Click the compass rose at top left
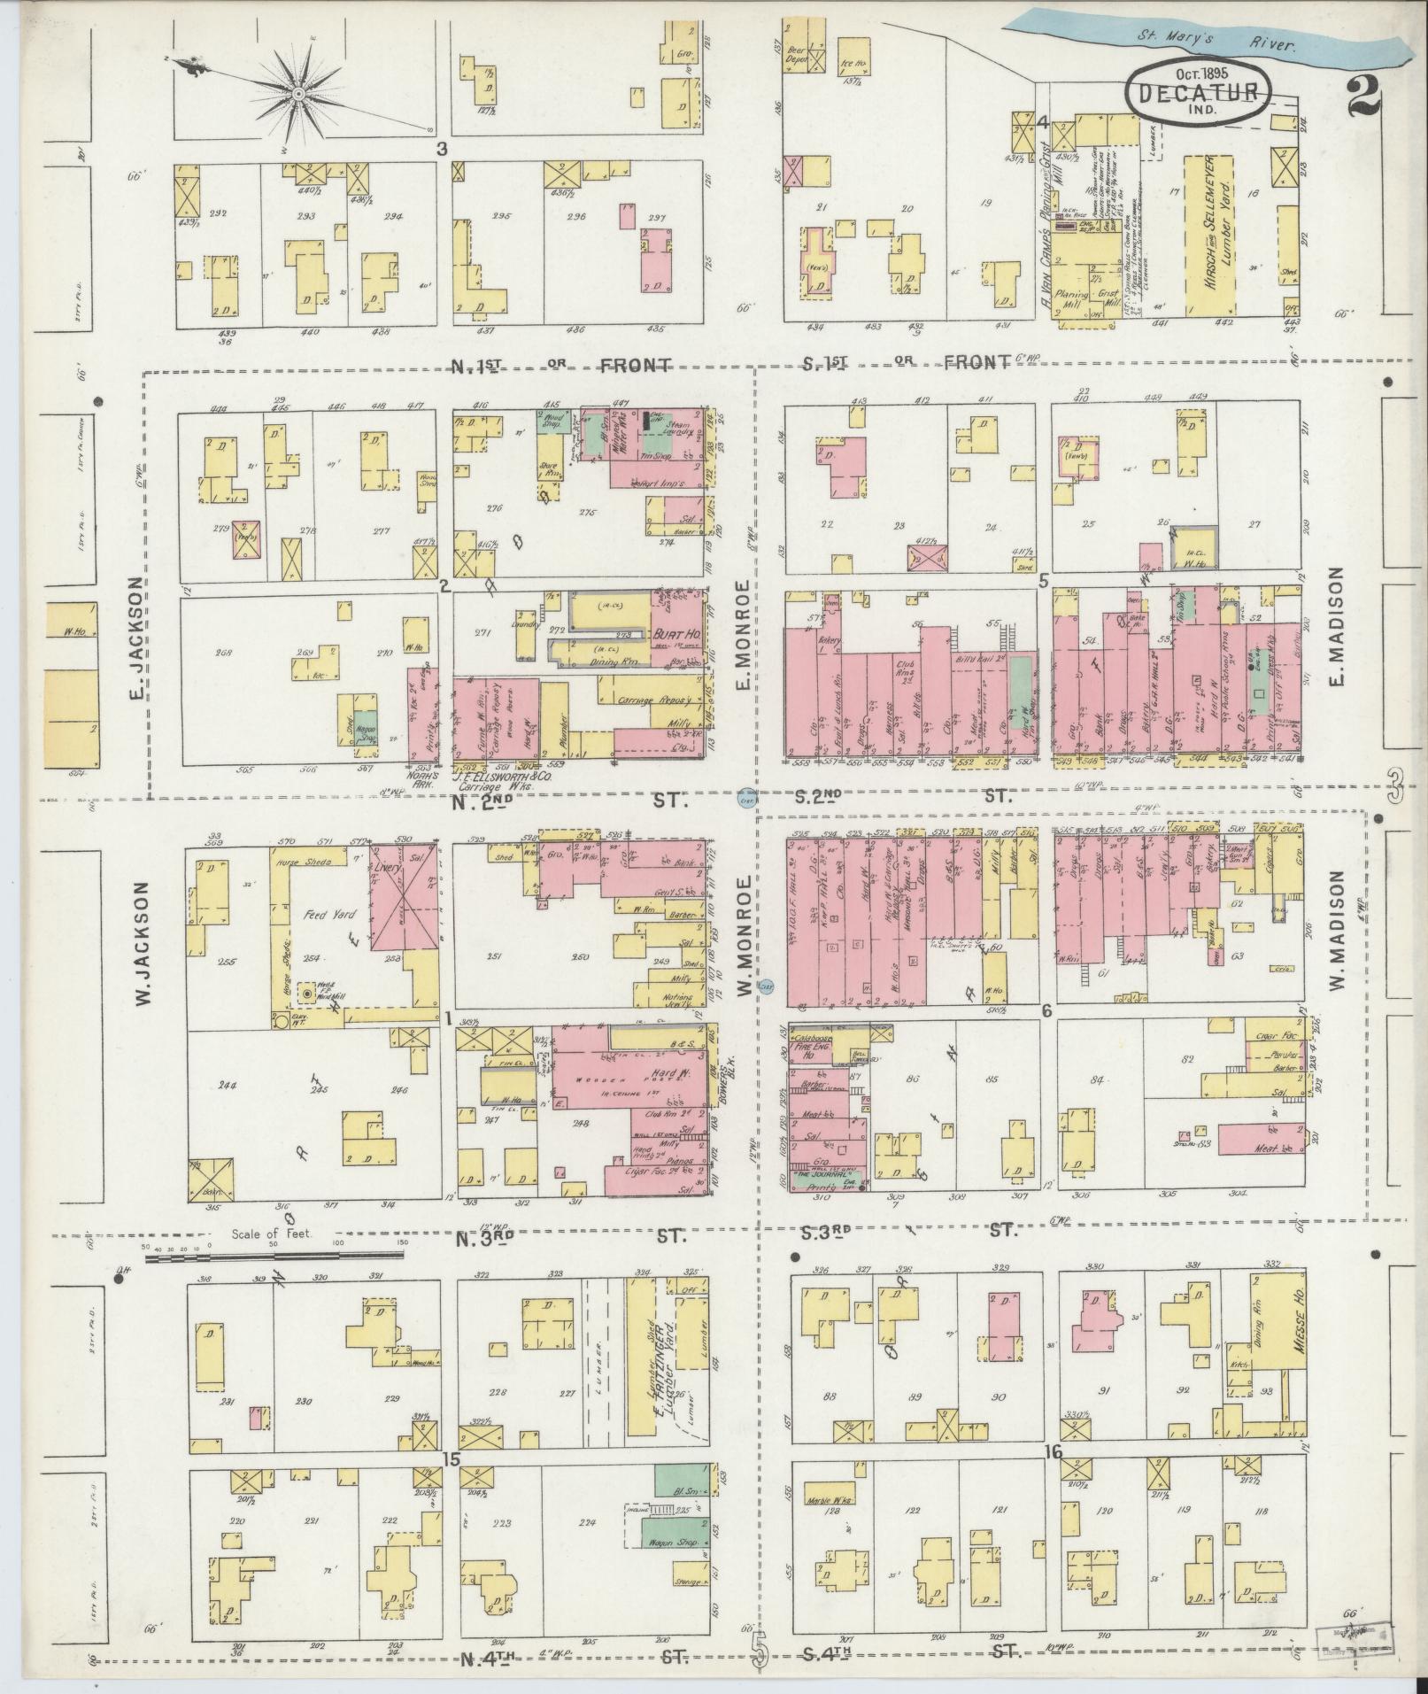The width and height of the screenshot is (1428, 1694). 298,92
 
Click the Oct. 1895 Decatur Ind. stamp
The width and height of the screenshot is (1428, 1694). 1199,92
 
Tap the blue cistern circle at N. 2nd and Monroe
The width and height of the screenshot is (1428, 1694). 746,801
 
